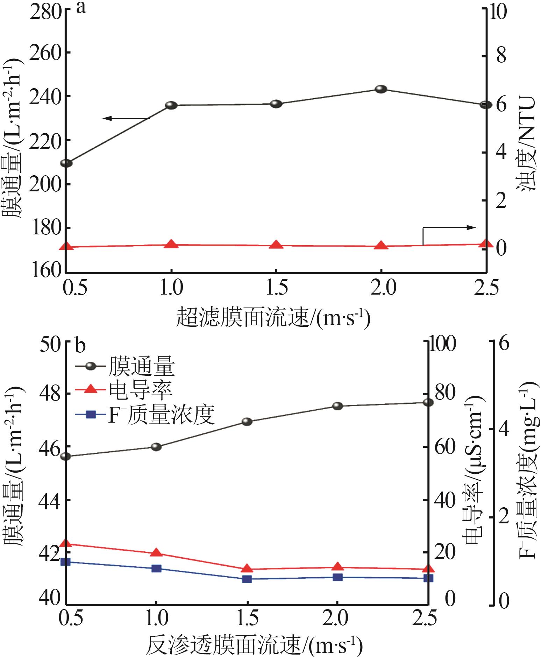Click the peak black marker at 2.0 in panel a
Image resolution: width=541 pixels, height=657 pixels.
(381, 89)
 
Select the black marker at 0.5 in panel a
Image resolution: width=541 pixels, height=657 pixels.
(66, 163)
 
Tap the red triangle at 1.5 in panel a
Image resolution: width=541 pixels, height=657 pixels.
(276, 245)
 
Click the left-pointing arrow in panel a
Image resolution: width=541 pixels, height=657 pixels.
(126, 119)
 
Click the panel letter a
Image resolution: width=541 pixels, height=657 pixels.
(81, 8)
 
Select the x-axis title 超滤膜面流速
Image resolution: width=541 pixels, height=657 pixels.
(273, 317)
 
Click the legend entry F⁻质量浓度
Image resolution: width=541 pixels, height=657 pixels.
(161, 415)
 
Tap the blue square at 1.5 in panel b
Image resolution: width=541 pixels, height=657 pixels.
(247, 579)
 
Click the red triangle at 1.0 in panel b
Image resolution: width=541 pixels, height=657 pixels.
(156, 553)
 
